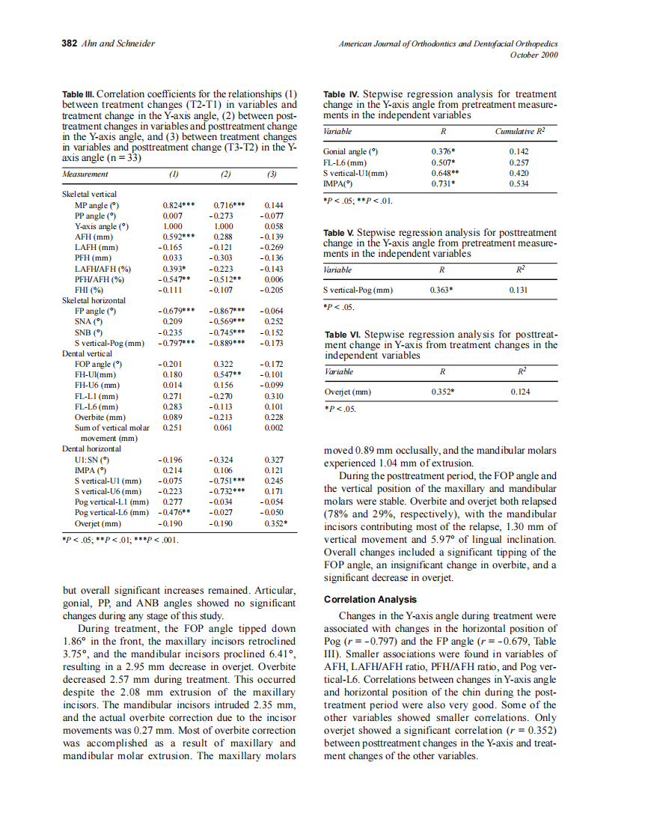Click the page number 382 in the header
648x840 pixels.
pyautogui.click(x=68, y=43)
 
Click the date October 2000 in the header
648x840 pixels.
pyautogui.click(x=534, y=55)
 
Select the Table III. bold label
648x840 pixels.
pyautogui.click(x=78, y=94)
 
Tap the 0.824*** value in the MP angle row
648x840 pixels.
pyautogui.click(x=178, y=204)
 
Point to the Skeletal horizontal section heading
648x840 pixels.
pyautogui.click(x=94, y=300)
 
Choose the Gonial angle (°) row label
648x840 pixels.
pyautogui.click(x=346, y=151)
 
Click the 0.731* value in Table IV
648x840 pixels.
pyautogui.click(x=444, y=183)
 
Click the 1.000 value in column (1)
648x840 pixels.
pyautogui.click(x=173, y=225)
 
